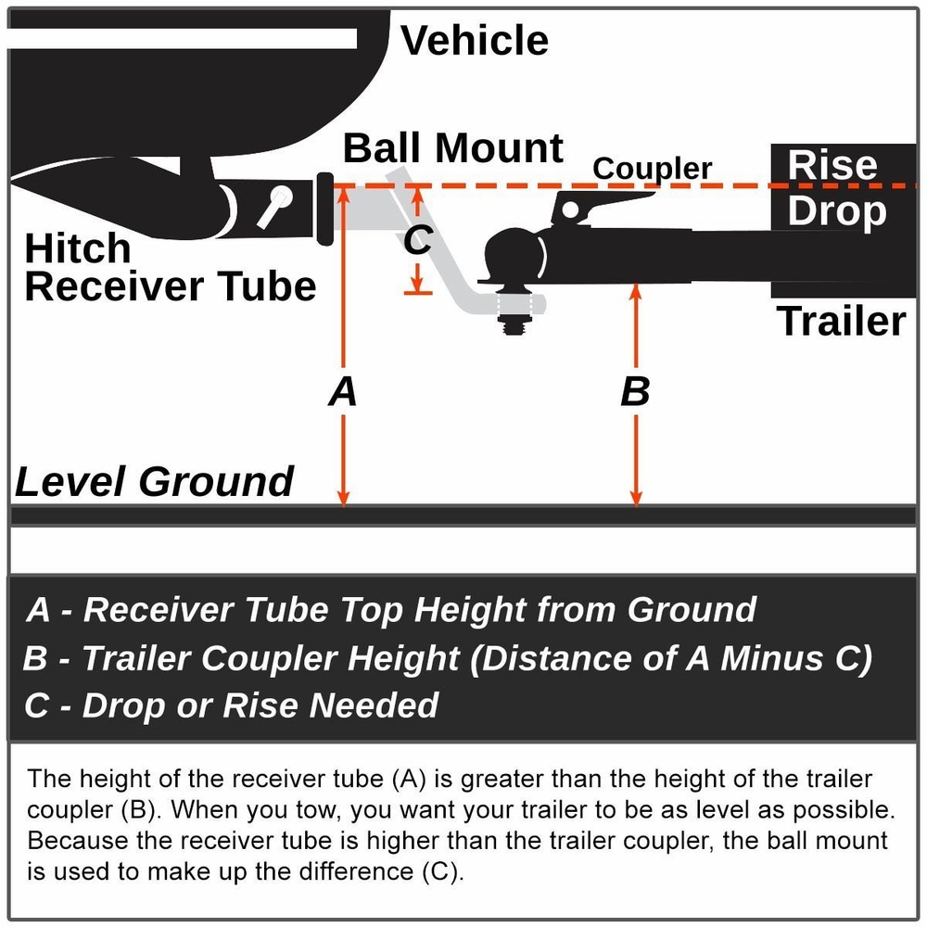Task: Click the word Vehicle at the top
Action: click(474, 41)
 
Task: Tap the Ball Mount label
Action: click(453, 148)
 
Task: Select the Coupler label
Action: click(652, 169)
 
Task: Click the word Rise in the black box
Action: click(832, 165)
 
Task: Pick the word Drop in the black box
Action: click(836, 211)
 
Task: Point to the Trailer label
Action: click(841, 321)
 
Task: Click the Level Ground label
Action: click(155, 482)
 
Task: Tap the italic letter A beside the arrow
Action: click(343, 392)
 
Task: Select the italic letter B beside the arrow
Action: click(635, 392)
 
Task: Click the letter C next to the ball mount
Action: click(417, 241)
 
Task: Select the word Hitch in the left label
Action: click(78, 249)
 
